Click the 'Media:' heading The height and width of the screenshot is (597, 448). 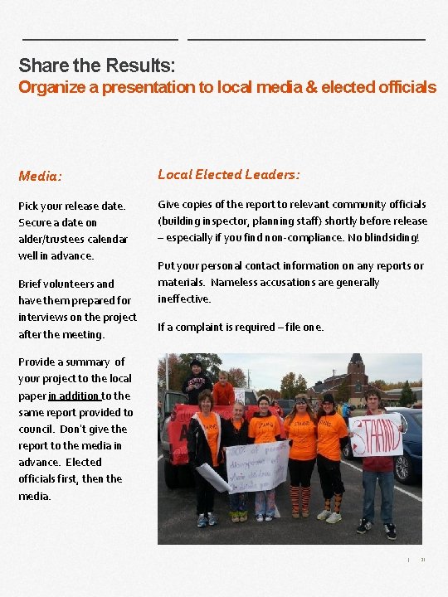pyautogui.click(x=41, y=176)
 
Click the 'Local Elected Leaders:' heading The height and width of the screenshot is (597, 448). pyautogui.click(x=229, y=174)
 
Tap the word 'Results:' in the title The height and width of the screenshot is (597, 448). pyautogui.click(x=140, y=65)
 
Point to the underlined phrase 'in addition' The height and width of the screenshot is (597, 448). pyautogui.click(x=75, y=396)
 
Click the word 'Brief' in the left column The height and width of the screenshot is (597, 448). pyautogui.click(x=32, y=284)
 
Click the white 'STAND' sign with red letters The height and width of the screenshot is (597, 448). pyautogui.click(x=375, y=434)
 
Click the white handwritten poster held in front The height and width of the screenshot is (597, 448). pyautogui.click(x=257, y=465)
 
